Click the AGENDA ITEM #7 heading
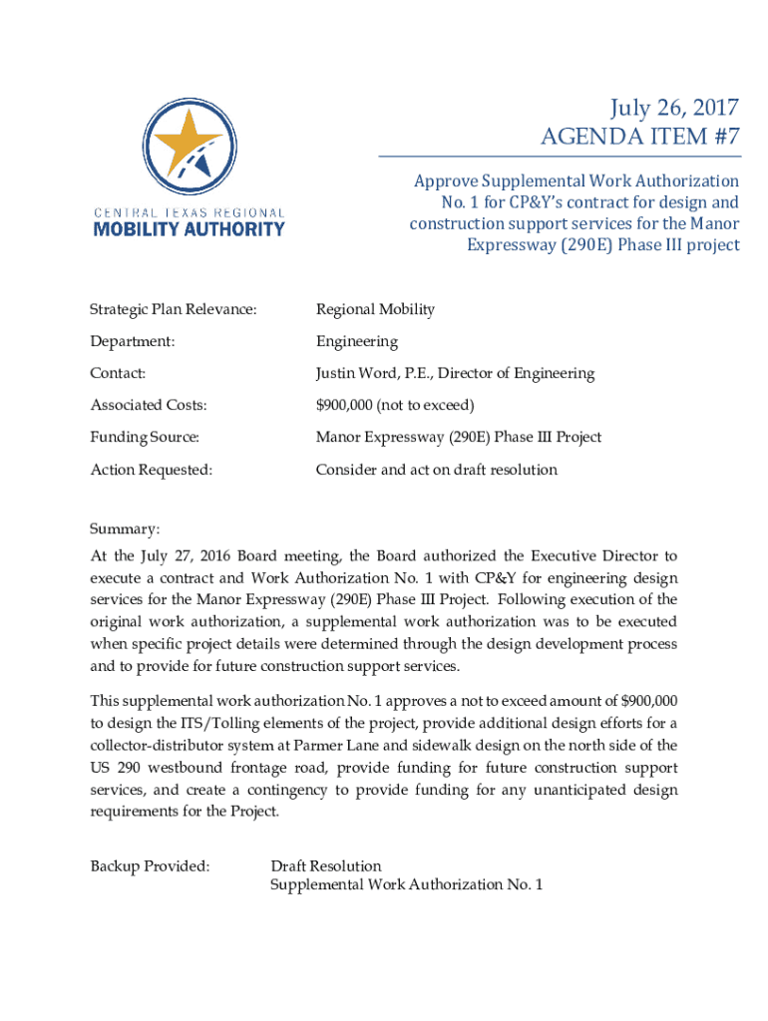click(x=640, y=136)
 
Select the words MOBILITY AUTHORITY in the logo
click(x=189, y=229)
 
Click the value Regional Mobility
click(x=375, y=309)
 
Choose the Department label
click(x=133, y=341)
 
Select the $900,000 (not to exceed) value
click(x=395, y=405)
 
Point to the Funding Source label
click(x=145, y=437)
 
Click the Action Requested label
click(x=152, y=469)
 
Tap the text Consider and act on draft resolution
click(x=437, y=469)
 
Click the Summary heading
click(x=125, y=528)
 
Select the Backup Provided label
click(x=150, y=865)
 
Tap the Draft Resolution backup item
click(x=326, y=865)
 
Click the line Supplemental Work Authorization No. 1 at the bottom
click(x=407, y=884)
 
